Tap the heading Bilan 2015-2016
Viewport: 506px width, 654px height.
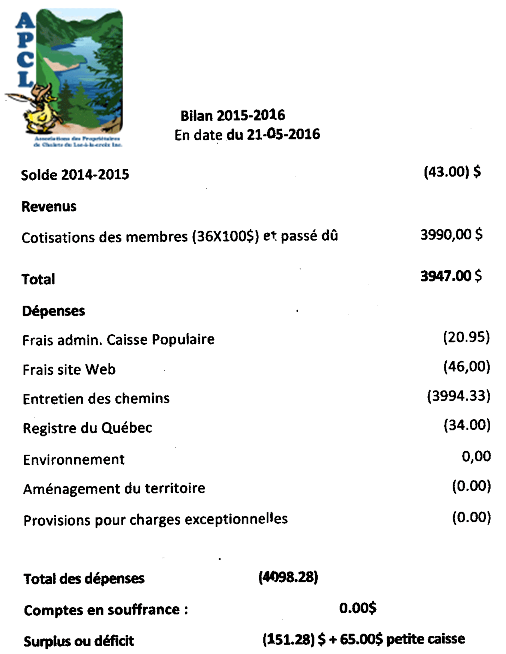point(233,116)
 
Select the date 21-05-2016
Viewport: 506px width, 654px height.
point(283,134)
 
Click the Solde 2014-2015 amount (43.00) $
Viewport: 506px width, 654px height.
point(452,172)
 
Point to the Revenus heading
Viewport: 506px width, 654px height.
point(49,207)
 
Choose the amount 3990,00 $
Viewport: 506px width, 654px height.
point(451,234)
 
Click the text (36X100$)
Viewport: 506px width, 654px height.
point(225,237)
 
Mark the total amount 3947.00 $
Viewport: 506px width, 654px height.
point(451,276)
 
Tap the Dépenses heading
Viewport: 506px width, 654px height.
point(53,311)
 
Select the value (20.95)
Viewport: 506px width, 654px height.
point(466,337)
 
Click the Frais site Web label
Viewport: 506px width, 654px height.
point(69,370)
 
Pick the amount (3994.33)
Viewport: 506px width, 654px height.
point(459,396)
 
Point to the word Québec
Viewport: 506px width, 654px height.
point(127,428)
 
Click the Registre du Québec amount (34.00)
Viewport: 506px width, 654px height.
point(467,425)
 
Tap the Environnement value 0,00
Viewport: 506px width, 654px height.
point(476,456)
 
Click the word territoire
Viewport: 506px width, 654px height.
point(175,488)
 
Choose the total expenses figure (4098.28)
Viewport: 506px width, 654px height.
point(288,577)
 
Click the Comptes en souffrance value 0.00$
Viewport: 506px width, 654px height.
point(358,608)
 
